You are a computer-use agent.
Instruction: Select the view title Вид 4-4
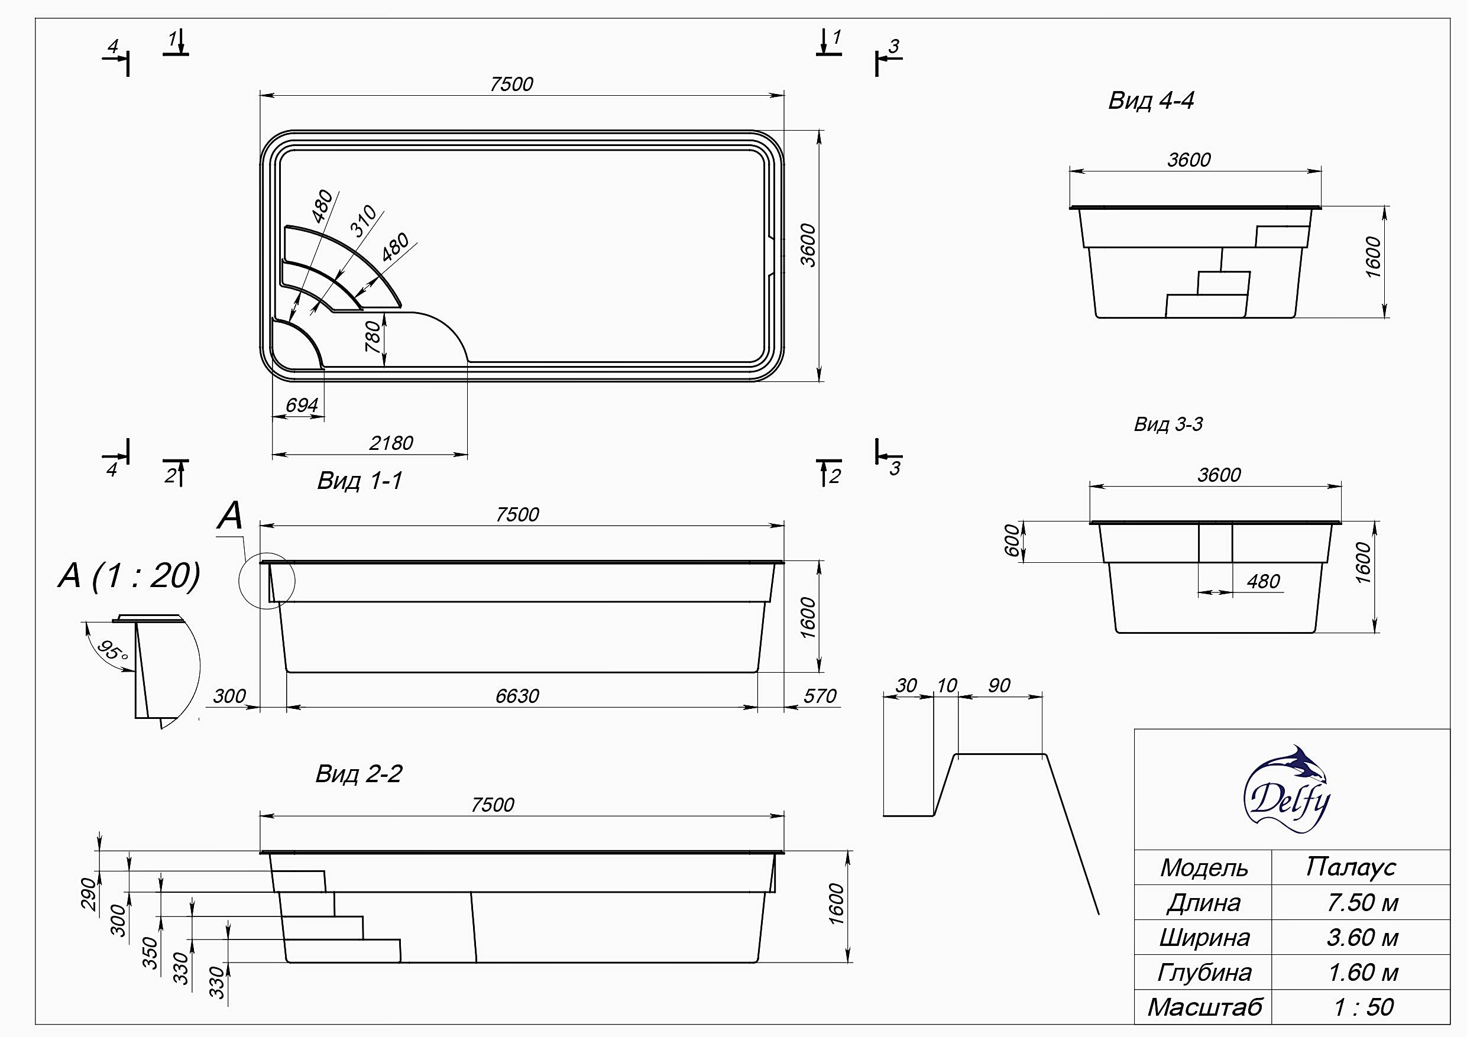tap(1151, 101)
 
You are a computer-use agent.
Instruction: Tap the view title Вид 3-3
tap(1168, 424)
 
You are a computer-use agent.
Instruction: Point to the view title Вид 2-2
tap(359, 774)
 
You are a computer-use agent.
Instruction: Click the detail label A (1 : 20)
tap(129, 576)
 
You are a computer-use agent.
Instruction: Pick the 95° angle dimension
tap(112, 652)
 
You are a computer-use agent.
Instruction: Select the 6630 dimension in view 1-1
tap(517, 696)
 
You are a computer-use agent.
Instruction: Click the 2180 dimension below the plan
tap(391, 443)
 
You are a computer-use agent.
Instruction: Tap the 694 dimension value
tap(302, 405)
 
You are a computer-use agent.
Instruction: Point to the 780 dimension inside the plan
tap(373, 337)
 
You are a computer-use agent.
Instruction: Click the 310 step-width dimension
tap(364, 222)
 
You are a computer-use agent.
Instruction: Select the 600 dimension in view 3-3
tap(1013, 540)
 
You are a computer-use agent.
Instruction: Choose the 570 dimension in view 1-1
tap(820, 696)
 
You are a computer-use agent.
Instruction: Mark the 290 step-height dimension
tap(88, 893)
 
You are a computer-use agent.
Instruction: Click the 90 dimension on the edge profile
tap(999, 686)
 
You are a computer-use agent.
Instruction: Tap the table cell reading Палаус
tap(1350, 867)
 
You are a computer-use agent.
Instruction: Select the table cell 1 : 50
tap(1363, 1007)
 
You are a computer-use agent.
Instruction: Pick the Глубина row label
tap(1204, 973)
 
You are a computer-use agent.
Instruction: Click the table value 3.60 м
tap(1362, 937)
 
